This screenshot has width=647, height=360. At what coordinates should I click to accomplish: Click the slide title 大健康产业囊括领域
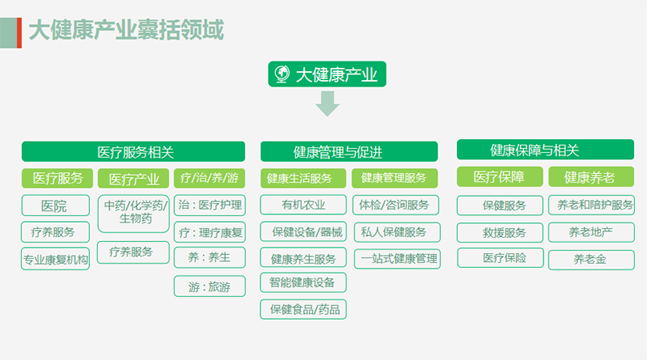click(126, 30)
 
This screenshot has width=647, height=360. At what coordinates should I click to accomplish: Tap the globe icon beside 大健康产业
click(282, 74)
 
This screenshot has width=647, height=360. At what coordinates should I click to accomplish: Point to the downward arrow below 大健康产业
click(328, 104)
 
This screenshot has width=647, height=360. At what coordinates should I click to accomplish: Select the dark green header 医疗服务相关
click(133, 151)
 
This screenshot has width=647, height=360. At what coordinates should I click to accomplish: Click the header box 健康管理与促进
click(349, 151)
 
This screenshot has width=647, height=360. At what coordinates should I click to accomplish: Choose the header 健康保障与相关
click(545, 150)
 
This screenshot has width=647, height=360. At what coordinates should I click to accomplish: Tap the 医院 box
click(55, 205)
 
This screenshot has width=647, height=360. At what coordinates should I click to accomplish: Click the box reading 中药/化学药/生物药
click(133, 214)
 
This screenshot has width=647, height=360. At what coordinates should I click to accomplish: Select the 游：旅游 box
click(209, 286)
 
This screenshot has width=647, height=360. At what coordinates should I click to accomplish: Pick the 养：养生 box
click(209, 257)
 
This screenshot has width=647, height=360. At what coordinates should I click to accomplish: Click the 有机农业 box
click(303, 205)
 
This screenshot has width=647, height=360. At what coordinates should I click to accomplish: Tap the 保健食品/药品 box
click(303, 309)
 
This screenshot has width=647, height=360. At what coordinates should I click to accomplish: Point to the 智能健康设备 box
click(303, 282)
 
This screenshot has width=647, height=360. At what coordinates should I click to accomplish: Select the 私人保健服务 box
click(397, 232)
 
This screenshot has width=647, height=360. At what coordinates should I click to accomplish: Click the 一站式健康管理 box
click(397, 259)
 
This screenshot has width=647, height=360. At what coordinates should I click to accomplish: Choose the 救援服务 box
click(500, 232)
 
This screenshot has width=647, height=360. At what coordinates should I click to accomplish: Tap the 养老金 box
click(591, 260)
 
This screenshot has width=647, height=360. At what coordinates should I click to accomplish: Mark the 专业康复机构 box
click(55, 259)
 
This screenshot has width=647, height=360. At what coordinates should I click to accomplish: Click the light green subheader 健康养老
click(591, 176)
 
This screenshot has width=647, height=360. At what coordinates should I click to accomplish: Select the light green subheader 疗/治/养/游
click(209, 178)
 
